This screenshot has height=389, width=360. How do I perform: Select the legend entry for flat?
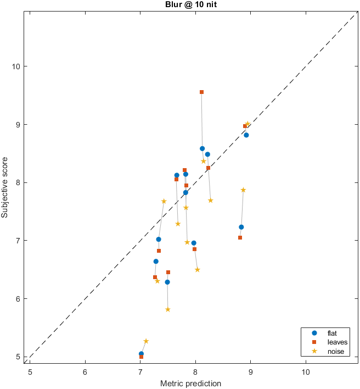(x=331, y=333)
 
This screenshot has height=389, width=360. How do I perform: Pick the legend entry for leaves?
(x=335, y=342)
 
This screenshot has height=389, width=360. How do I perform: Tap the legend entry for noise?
(x=334, y=352)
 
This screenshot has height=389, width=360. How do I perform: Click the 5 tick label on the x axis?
(x=30, y=372)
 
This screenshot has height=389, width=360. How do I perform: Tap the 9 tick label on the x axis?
(x=250, y=372)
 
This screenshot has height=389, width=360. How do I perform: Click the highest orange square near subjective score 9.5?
(x=201, y=92)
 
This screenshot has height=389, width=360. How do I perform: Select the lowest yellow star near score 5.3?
(x=146, y=341)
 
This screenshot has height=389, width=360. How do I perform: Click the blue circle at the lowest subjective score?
(x=141, y=354)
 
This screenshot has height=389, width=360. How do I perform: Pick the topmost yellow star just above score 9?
(x=248, y=124)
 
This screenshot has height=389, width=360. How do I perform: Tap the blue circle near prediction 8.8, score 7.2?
(x=241, y=227)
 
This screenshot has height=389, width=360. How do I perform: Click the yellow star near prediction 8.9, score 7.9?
(x=243, y=190)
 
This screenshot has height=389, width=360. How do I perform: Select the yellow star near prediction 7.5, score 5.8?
(x=168, y=310)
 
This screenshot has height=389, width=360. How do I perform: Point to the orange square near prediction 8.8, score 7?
(x=240, y=238)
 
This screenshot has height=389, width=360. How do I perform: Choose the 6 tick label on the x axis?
(x=85, y=372)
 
